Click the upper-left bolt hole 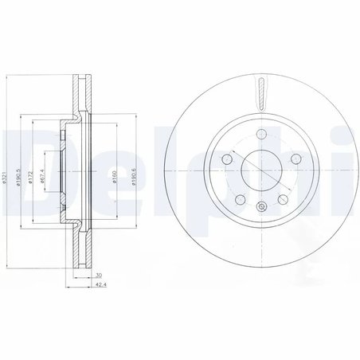(x=226, y=160)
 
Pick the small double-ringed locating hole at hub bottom (x=260, y=207)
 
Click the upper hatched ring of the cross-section (x=80, y=96)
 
